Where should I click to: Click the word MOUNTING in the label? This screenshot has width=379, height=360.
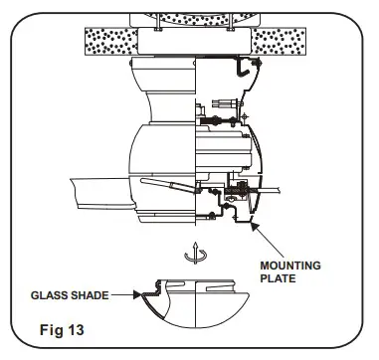click(290, 266)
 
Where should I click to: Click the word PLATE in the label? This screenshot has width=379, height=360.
click(278, 278)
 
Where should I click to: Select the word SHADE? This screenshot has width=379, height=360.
click(90, 295)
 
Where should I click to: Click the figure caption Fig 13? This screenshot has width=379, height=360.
click(62, 330)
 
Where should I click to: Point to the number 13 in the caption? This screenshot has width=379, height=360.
click(77, 330)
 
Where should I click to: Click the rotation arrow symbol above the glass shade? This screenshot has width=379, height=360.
click(196, 254)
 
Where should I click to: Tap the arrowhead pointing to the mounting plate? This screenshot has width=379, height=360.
click(255, 227)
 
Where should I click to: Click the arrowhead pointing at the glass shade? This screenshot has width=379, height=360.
click(137, 294)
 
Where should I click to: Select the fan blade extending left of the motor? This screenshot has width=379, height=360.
click(101, 194)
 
